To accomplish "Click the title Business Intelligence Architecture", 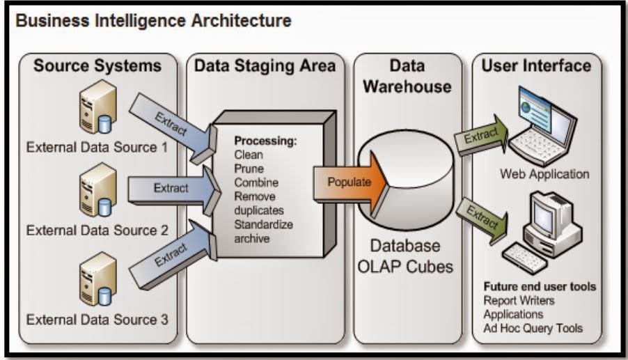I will (153, 21).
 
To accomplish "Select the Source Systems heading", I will (97, 66).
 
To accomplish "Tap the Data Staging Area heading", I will (265, 66).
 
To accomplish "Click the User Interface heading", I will (536, 66).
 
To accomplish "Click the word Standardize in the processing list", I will (263, 225).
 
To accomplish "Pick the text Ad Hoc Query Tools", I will (533, 328).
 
